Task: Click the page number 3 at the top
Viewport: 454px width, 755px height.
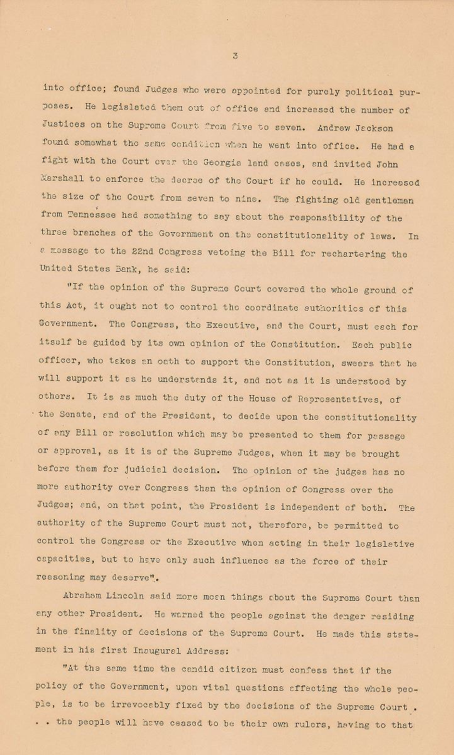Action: pyautogui.click(x=234, y=56)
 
